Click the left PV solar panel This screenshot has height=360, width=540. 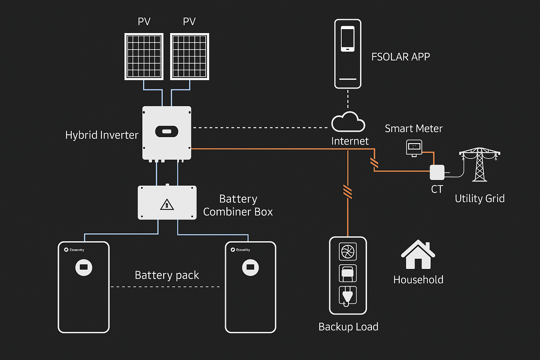[144, 57]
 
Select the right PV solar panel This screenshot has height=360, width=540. [189, 57]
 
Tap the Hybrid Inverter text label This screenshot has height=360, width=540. [102, 135]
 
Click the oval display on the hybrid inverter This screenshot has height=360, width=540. [167, 131]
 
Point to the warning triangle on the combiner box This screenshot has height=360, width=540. [167, 205]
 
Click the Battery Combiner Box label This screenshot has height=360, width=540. [238, 205]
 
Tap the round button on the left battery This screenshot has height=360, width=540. [84, 267]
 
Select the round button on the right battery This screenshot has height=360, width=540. [250, 267]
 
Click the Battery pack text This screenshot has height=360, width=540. [167, 275]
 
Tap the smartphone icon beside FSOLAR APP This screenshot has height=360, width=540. [348, 39]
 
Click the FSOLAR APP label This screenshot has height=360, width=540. [400, 57]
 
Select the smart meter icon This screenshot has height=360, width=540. [414, 147]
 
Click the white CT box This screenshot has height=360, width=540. [437, 172]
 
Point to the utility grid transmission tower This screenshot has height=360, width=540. [480, 164]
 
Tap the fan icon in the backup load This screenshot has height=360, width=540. [348, 251]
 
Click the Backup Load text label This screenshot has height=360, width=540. [348, 327]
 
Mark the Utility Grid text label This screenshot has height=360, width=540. [480, 199]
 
